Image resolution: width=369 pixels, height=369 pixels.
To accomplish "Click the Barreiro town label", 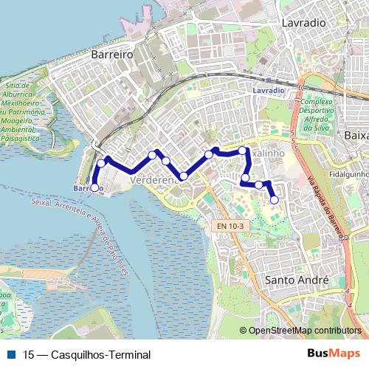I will [x=111, y=55].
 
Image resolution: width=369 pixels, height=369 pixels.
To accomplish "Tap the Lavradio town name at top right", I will [x=303, y=23].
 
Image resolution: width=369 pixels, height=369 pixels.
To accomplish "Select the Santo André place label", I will [x=296, y=280].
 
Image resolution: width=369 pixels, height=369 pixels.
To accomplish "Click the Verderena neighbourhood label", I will [x=151, y=179].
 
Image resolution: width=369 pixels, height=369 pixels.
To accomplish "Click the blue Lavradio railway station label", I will [x=267, y=90].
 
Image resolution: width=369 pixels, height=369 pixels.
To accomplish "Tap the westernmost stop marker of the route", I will [x=94, y=188].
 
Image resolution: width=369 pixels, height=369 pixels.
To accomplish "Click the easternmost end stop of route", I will [x=275, y=199].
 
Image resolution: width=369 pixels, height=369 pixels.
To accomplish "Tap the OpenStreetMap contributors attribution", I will [x=304, y=331].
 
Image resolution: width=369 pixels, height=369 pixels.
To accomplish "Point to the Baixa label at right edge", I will [x=357, y=136].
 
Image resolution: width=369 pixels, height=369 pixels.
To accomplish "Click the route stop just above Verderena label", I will [x=166, y=161].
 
